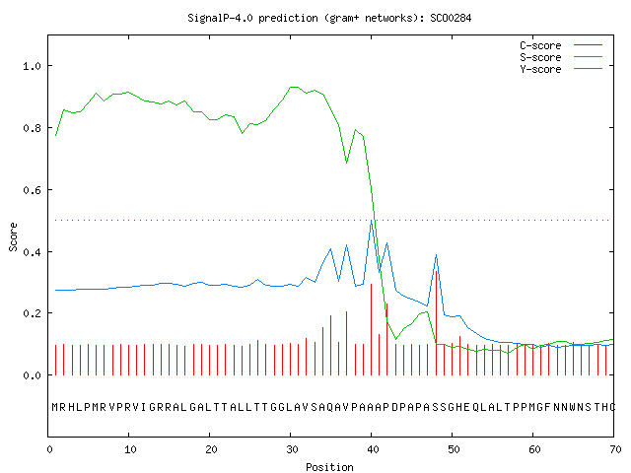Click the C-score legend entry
[x=561, y=45]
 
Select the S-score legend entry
[x=561, y=57]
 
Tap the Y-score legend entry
[x=561, y=69]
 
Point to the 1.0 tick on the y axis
[x=33, y=66]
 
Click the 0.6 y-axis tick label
[x=33, y=190]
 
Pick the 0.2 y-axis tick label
[x=33, y=313]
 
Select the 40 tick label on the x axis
[x=373, y=449]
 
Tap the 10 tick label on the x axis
[x=130, y=449]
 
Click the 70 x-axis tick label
[x=615, y=449]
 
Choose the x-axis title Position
[x=329, y=467]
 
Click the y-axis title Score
[x=13, y=236]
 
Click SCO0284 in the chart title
[x=451, y=18]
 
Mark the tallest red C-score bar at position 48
[x=436, y=323]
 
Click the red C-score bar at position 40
[x=371, y=329]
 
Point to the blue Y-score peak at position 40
[x=371, y=221]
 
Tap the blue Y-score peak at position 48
[x=436, y=255]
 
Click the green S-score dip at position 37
[x=346, y=163]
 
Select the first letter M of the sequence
[x=55, y=407]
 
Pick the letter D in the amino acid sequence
[x=395, y=407]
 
